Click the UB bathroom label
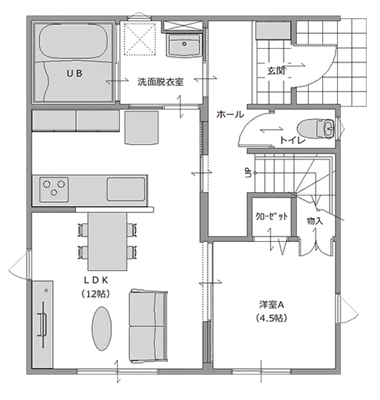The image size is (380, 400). tap(75, 73)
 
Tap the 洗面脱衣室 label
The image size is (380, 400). tap(160, 82)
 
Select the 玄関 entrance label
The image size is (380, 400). tap(276, 71)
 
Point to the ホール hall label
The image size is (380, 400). tap(230, 114)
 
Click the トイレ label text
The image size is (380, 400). tap(293, 140)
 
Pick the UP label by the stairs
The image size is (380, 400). tap(248, 173)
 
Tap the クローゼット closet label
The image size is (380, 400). tap(271, 217)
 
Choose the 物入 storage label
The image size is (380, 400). tap(315, 221)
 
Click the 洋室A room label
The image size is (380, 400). tap(271, 304)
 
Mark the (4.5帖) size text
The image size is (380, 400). tap(271, 318)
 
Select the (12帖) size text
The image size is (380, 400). tap(96, 294)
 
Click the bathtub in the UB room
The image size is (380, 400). tap(73, 42)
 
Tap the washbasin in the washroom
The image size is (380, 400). tap(184, 45)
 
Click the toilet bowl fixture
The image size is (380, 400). tap(316, 129)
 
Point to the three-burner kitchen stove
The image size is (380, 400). tap(54, 190)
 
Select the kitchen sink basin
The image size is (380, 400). tap(126, 189)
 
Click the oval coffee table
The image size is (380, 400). tap(102, 329)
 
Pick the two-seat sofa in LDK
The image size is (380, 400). tap(148, 326)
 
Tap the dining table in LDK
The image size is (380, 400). tap(107, 241)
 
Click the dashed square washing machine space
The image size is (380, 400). tap(140, 39)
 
